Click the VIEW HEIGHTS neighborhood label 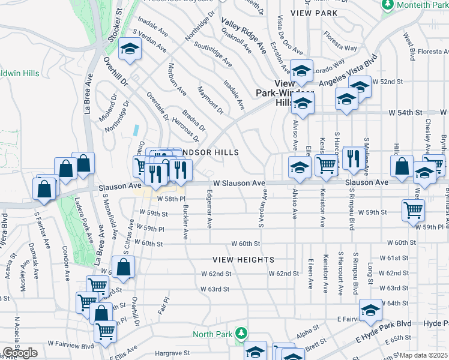pyautogui.click(x=243, y=259)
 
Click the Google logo pyautogui.click(x=20, y=353)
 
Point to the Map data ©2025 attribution pyautogui.click(x=424, y=355)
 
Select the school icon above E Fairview pyautogui.click(x=370, y=310)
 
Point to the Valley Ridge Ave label pyautogui.click(x=244, y=36)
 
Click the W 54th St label pyautogui.click(x=406, y=112)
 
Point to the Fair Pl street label pyautogui.click(x=161, y=306)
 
